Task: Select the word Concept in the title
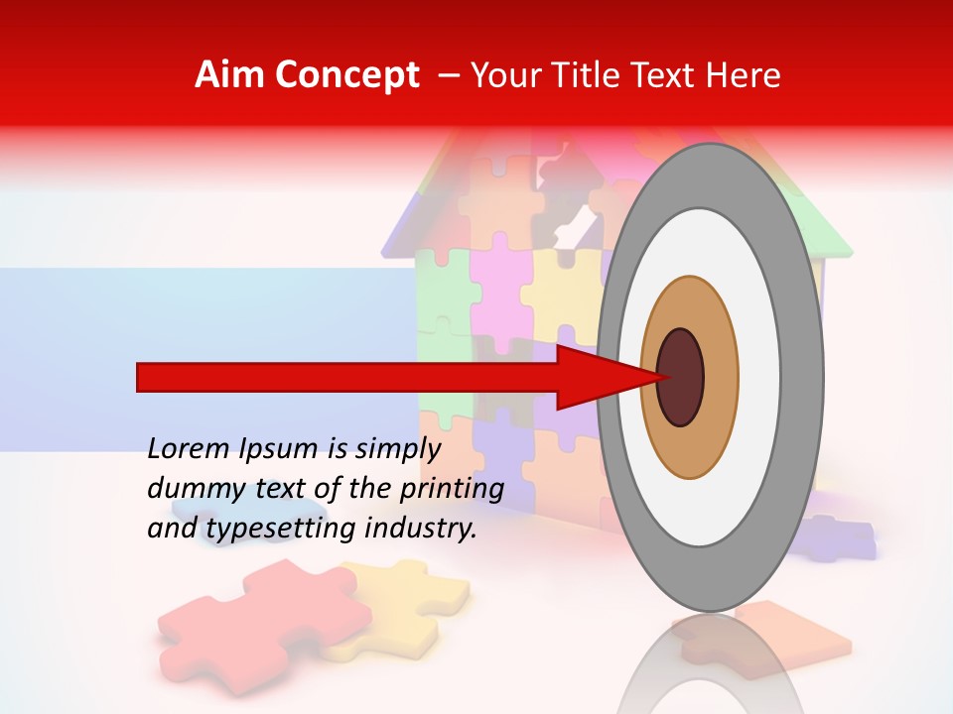click(346, 75)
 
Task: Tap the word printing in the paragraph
click(452, 489)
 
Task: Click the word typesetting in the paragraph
click(282, 530)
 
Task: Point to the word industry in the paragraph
click(421, 529)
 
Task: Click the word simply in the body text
click(397, 449)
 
